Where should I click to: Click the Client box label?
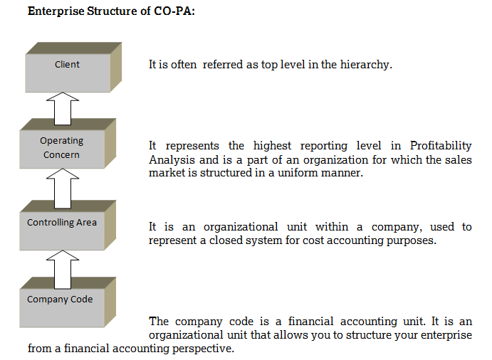67,64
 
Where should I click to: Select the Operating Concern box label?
61,147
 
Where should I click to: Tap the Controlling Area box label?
62,223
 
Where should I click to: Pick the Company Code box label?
60,300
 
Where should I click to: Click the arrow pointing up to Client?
63,108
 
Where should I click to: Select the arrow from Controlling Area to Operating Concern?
63,188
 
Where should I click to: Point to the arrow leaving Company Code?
63,270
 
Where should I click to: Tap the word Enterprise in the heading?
56,11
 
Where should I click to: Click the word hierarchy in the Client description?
366,65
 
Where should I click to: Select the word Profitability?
441,146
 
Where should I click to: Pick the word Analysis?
172,160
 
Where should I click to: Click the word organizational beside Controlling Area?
241,227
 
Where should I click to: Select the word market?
167,173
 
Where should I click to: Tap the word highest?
272,146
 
